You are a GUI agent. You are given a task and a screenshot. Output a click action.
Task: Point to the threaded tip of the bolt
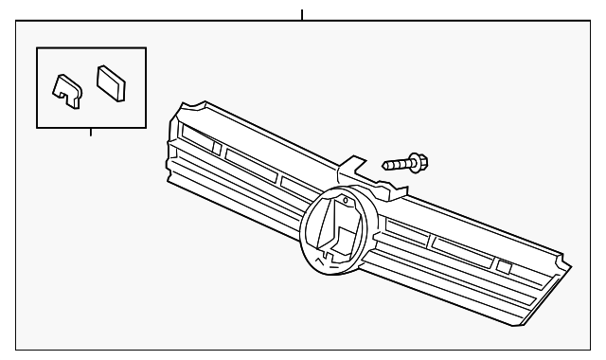(386, 165)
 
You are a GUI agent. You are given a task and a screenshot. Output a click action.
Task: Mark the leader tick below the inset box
(90, 131)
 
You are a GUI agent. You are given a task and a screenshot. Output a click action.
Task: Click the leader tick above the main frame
(301, 16)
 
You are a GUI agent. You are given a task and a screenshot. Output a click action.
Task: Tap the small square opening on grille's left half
(217, 149)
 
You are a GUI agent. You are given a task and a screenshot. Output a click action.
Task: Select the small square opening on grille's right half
(504, 266)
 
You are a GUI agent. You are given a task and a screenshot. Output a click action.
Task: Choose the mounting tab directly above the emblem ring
(351, 168)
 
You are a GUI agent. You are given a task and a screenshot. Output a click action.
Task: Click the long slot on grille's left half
(252, 162)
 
